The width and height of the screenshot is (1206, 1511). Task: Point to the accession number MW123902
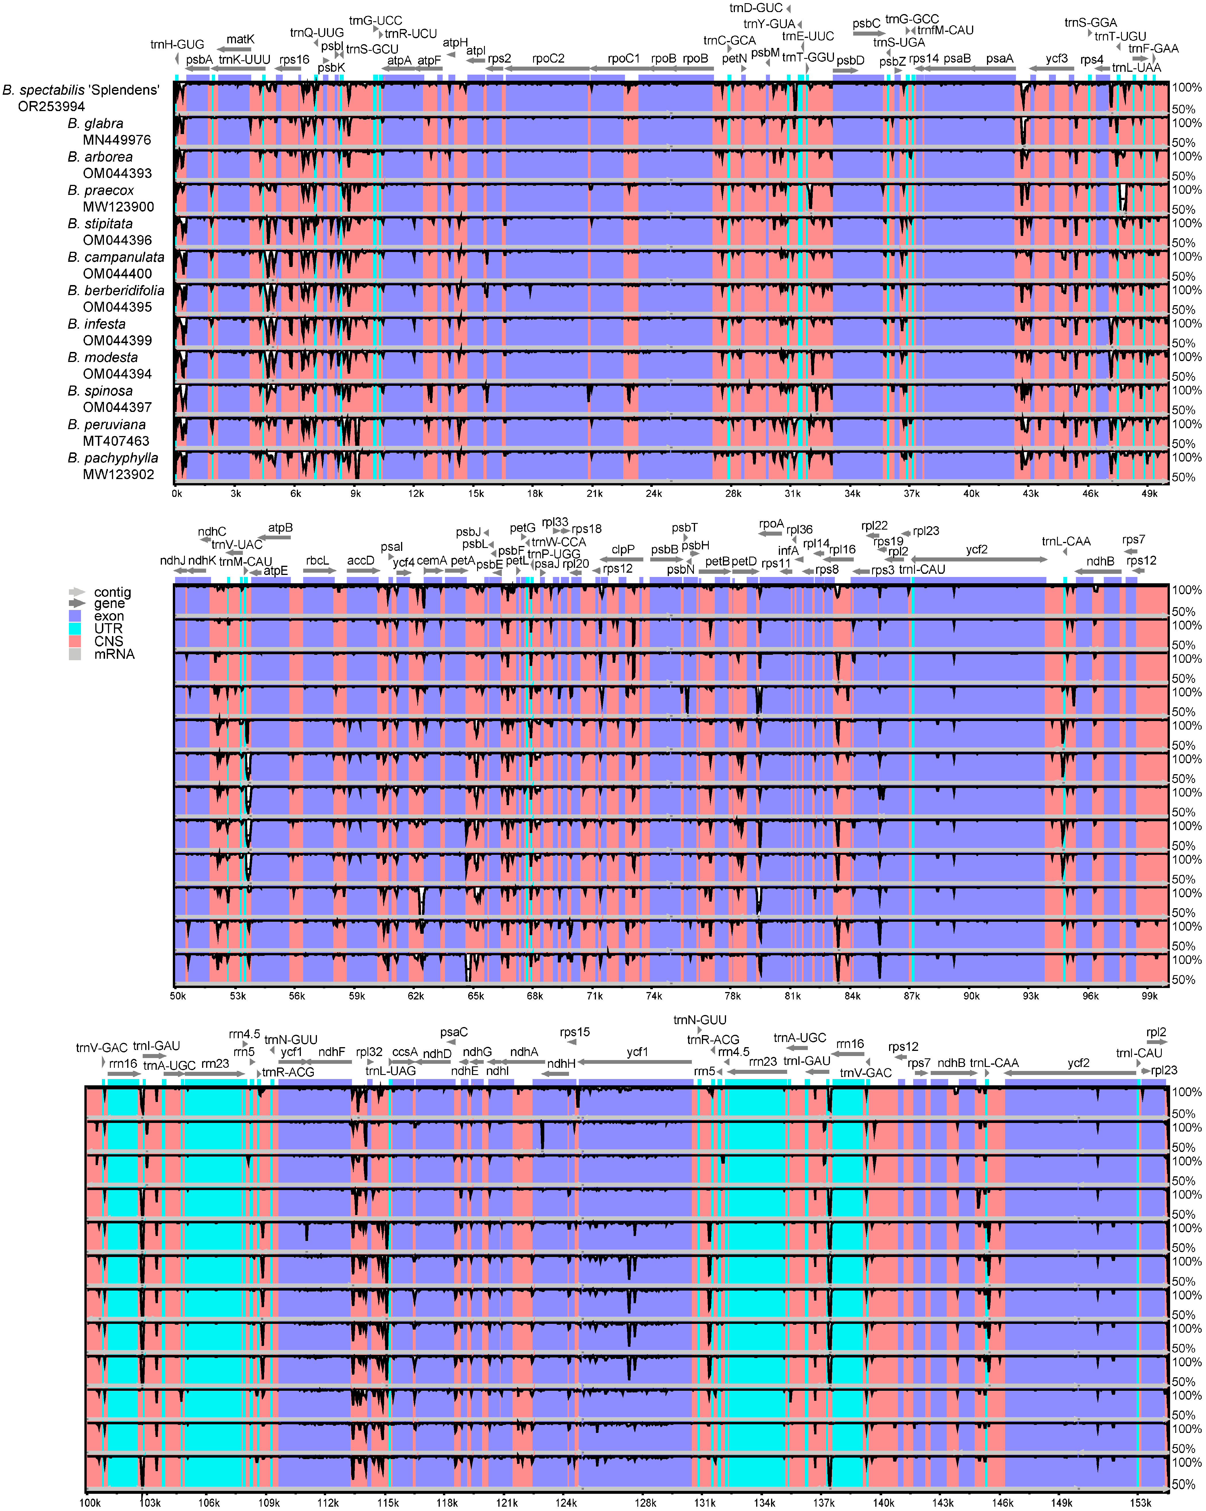coord(119,474)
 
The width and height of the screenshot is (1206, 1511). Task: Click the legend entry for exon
coord(109,616)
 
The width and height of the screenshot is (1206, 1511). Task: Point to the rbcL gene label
coord(318,561)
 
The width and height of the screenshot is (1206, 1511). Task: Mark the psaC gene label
coord(454,1032)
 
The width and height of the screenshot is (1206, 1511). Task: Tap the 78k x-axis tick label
coord(733,996)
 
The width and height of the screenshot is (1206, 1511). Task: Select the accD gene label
coord(361,561)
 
